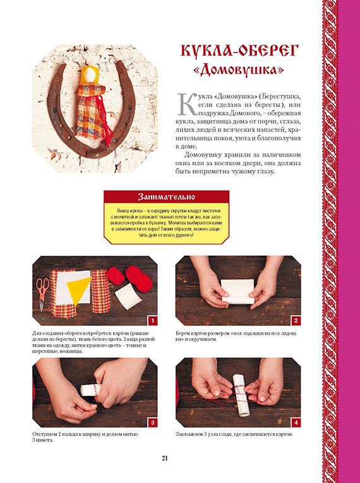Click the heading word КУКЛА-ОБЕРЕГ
click(x=241, y=51)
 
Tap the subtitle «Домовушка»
click(x=239, y=70)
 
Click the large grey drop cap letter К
click(x=186, y=104)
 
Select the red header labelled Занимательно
click(x=166, y=196)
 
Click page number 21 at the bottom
click(x=165, y=458)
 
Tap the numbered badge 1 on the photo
click(x=153, y=321)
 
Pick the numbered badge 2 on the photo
click(x=296, y=321)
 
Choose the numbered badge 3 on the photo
click(x=153, y=422)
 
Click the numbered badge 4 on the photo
click(x=296, y=422)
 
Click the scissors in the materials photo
click(x=42, y=293)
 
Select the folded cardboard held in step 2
click(x=237, y=292)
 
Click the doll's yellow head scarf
click(x=90, y=76)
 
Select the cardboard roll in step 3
click(x=90, y=390)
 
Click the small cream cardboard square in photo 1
click(x=128, y=296)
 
